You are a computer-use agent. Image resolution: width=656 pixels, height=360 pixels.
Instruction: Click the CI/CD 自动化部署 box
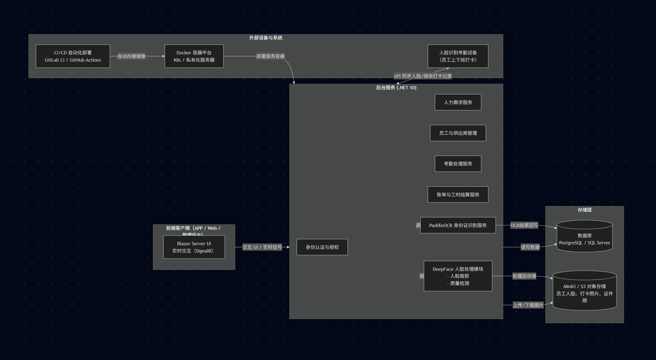point(73,56)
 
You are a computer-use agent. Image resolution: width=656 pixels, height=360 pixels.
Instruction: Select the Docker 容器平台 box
point(194,56)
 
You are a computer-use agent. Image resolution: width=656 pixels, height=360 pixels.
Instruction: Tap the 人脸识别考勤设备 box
point(458,56)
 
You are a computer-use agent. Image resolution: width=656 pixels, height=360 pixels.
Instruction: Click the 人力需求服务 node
point(458,102)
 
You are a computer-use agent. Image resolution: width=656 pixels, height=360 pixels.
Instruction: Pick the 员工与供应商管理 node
point(458,133)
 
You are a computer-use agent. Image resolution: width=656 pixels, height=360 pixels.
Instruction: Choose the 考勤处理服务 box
point(458,164)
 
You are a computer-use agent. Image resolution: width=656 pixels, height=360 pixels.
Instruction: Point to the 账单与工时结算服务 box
point(458,195)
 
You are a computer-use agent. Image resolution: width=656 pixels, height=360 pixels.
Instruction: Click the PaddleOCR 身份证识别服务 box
point(458,225)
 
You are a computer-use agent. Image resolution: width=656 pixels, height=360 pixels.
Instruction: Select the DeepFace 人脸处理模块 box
point(458,276)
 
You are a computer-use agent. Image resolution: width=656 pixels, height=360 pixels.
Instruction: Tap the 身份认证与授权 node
point(322,247)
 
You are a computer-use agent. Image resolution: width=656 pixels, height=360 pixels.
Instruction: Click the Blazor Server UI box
point(194,247)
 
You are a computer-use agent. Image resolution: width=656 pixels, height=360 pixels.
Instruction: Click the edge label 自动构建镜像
point(132,56)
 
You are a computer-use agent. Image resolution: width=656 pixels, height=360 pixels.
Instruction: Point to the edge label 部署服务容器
point(270,56)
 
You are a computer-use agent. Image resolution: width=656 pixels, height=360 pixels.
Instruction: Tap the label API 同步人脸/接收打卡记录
point(422,76)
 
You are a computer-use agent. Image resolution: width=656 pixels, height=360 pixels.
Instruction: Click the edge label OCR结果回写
point(524,225)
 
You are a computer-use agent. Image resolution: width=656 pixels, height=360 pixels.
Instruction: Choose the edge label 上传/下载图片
point(528,305)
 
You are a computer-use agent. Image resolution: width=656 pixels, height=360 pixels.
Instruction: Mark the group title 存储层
point(584,210)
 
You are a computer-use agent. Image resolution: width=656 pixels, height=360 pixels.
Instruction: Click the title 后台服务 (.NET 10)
point(396,88)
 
